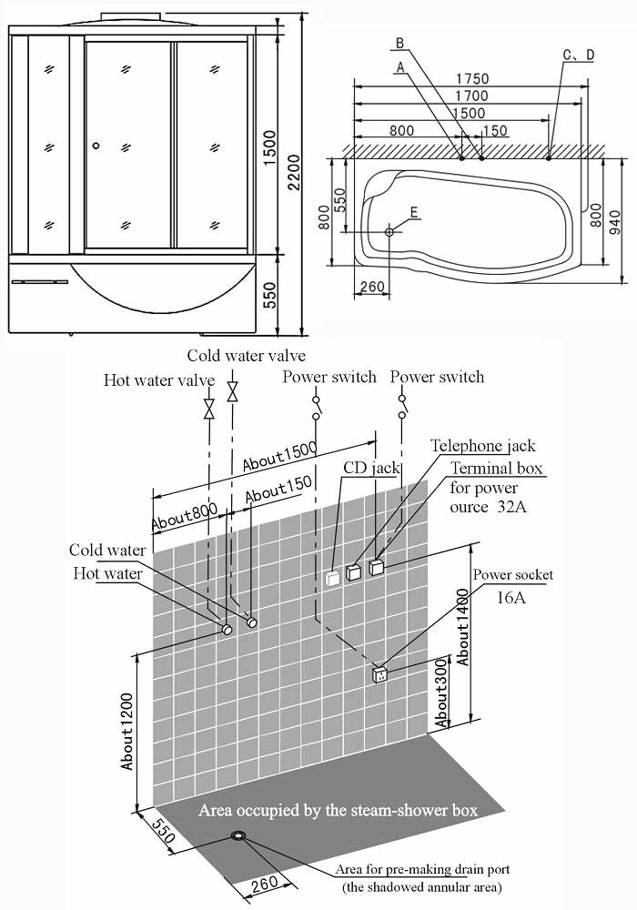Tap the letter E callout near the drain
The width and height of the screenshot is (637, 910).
(414, 212)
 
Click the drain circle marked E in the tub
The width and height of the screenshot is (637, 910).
(389, 231)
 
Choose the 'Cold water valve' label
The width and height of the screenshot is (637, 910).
(246, 355)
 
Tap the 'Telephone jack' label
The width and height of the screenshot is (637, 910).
(482, 446)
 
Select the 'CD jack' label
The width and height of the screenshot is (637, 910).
(370, 468)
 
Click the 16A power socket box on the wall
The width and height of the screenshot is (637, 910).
(380, 674)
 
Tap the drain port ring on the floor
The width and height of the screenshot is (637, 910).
(240, 836)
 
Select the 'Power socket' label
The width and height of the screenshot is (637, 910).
(513, 575)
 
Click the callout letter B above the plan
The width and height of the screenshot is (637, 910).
(399, 44)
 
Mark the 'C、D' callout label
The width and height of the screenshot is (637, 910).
(578, 56)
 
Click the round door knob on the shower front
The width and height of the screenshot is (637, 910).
(95, 146)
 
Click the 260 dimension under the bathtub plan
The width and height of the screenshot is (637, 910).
(372, 288)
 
